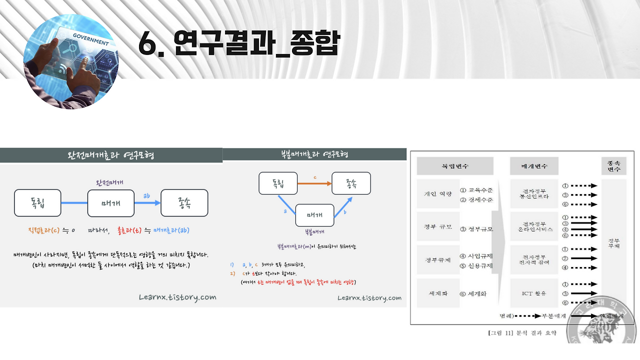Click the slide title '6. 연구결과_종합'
coord(239,44)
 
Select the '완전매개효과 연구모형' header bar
coord(111,155)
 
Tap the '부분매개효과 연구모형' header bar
coord(314,154)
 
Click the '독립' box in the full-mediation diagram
coord(37,203)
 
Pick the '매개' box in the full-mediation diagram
coord(110,203)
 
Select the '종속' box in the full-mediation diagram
coord(184,203)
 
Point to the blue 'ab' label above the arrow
coord(146,195)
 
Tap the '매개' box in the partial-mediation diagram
coord(314,215)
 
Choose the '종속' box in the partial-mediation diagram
coord(351,183)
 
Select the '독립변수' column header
coord(455,165)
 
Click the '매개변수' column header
coord(533,165)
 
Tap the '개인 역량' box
coord(437,194)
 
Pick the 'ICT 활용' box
coord(534,293)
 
